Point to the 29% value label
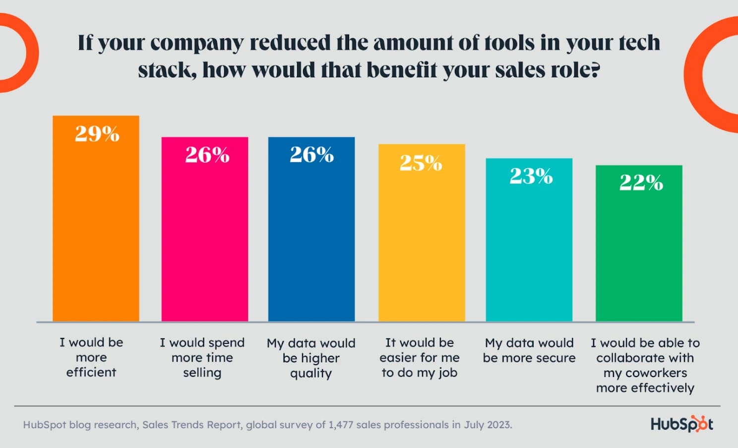(x=97, y=133)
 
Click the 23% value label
(x=531, y=176)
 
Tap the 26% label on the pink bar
(x=207, y=155)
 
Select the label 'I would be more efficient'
(x=91, y=357)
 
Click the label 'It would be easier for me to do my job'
(x=420, y=357)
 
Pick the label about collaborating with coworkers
(x=645, y=365)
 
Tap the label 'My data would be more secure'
(x=529, y=350)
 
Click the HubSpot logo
(x=682, y=424)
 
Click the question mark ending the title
(x=594, y=70)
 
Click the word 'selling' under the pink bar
(x=202, y=373)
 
